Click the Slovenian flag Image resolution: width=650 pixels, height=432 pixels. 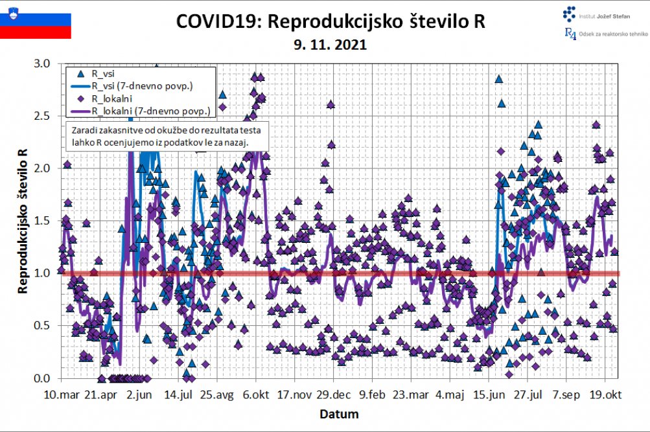point(36,25)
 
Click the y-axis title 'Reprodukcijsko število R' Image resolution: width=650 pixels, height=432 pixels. point(23,220)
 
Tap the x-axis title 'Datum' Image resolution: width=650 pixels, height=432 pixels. point(340,413)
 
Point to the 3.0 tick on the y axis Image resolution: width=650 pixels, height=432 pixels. point(42,63)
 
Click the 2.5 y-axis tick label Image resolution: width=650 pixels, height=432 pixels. point(42,116)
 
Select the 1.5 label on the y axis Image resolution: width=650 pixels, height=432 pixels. point(42,221)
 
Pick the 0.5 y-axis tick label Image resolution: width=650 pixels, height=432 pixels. point(42,326)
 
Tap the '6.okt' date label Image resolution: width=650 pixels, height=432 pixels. point(256,394)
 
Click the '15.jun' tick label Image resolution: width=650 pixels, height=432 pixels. point(489,394)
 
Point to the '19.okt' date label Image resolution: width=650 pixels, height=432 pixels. point(606,394)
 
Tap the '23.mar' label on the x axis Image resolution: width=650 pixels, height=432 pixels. point(412,394)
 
